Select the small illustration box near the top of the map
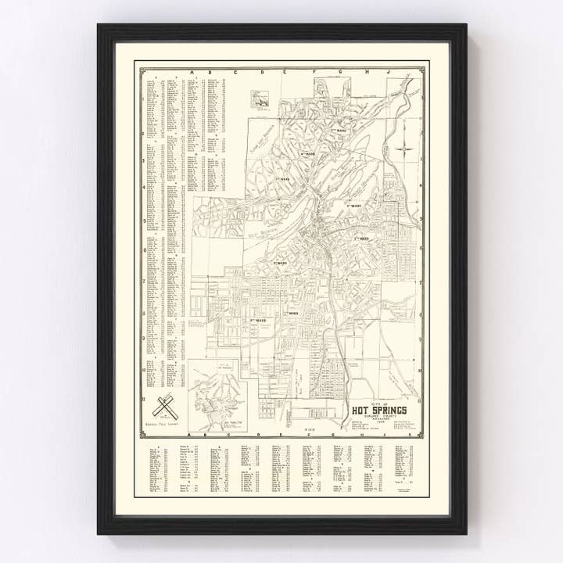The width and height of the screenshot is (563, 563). pyautogui.click(x=260, y=99)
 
